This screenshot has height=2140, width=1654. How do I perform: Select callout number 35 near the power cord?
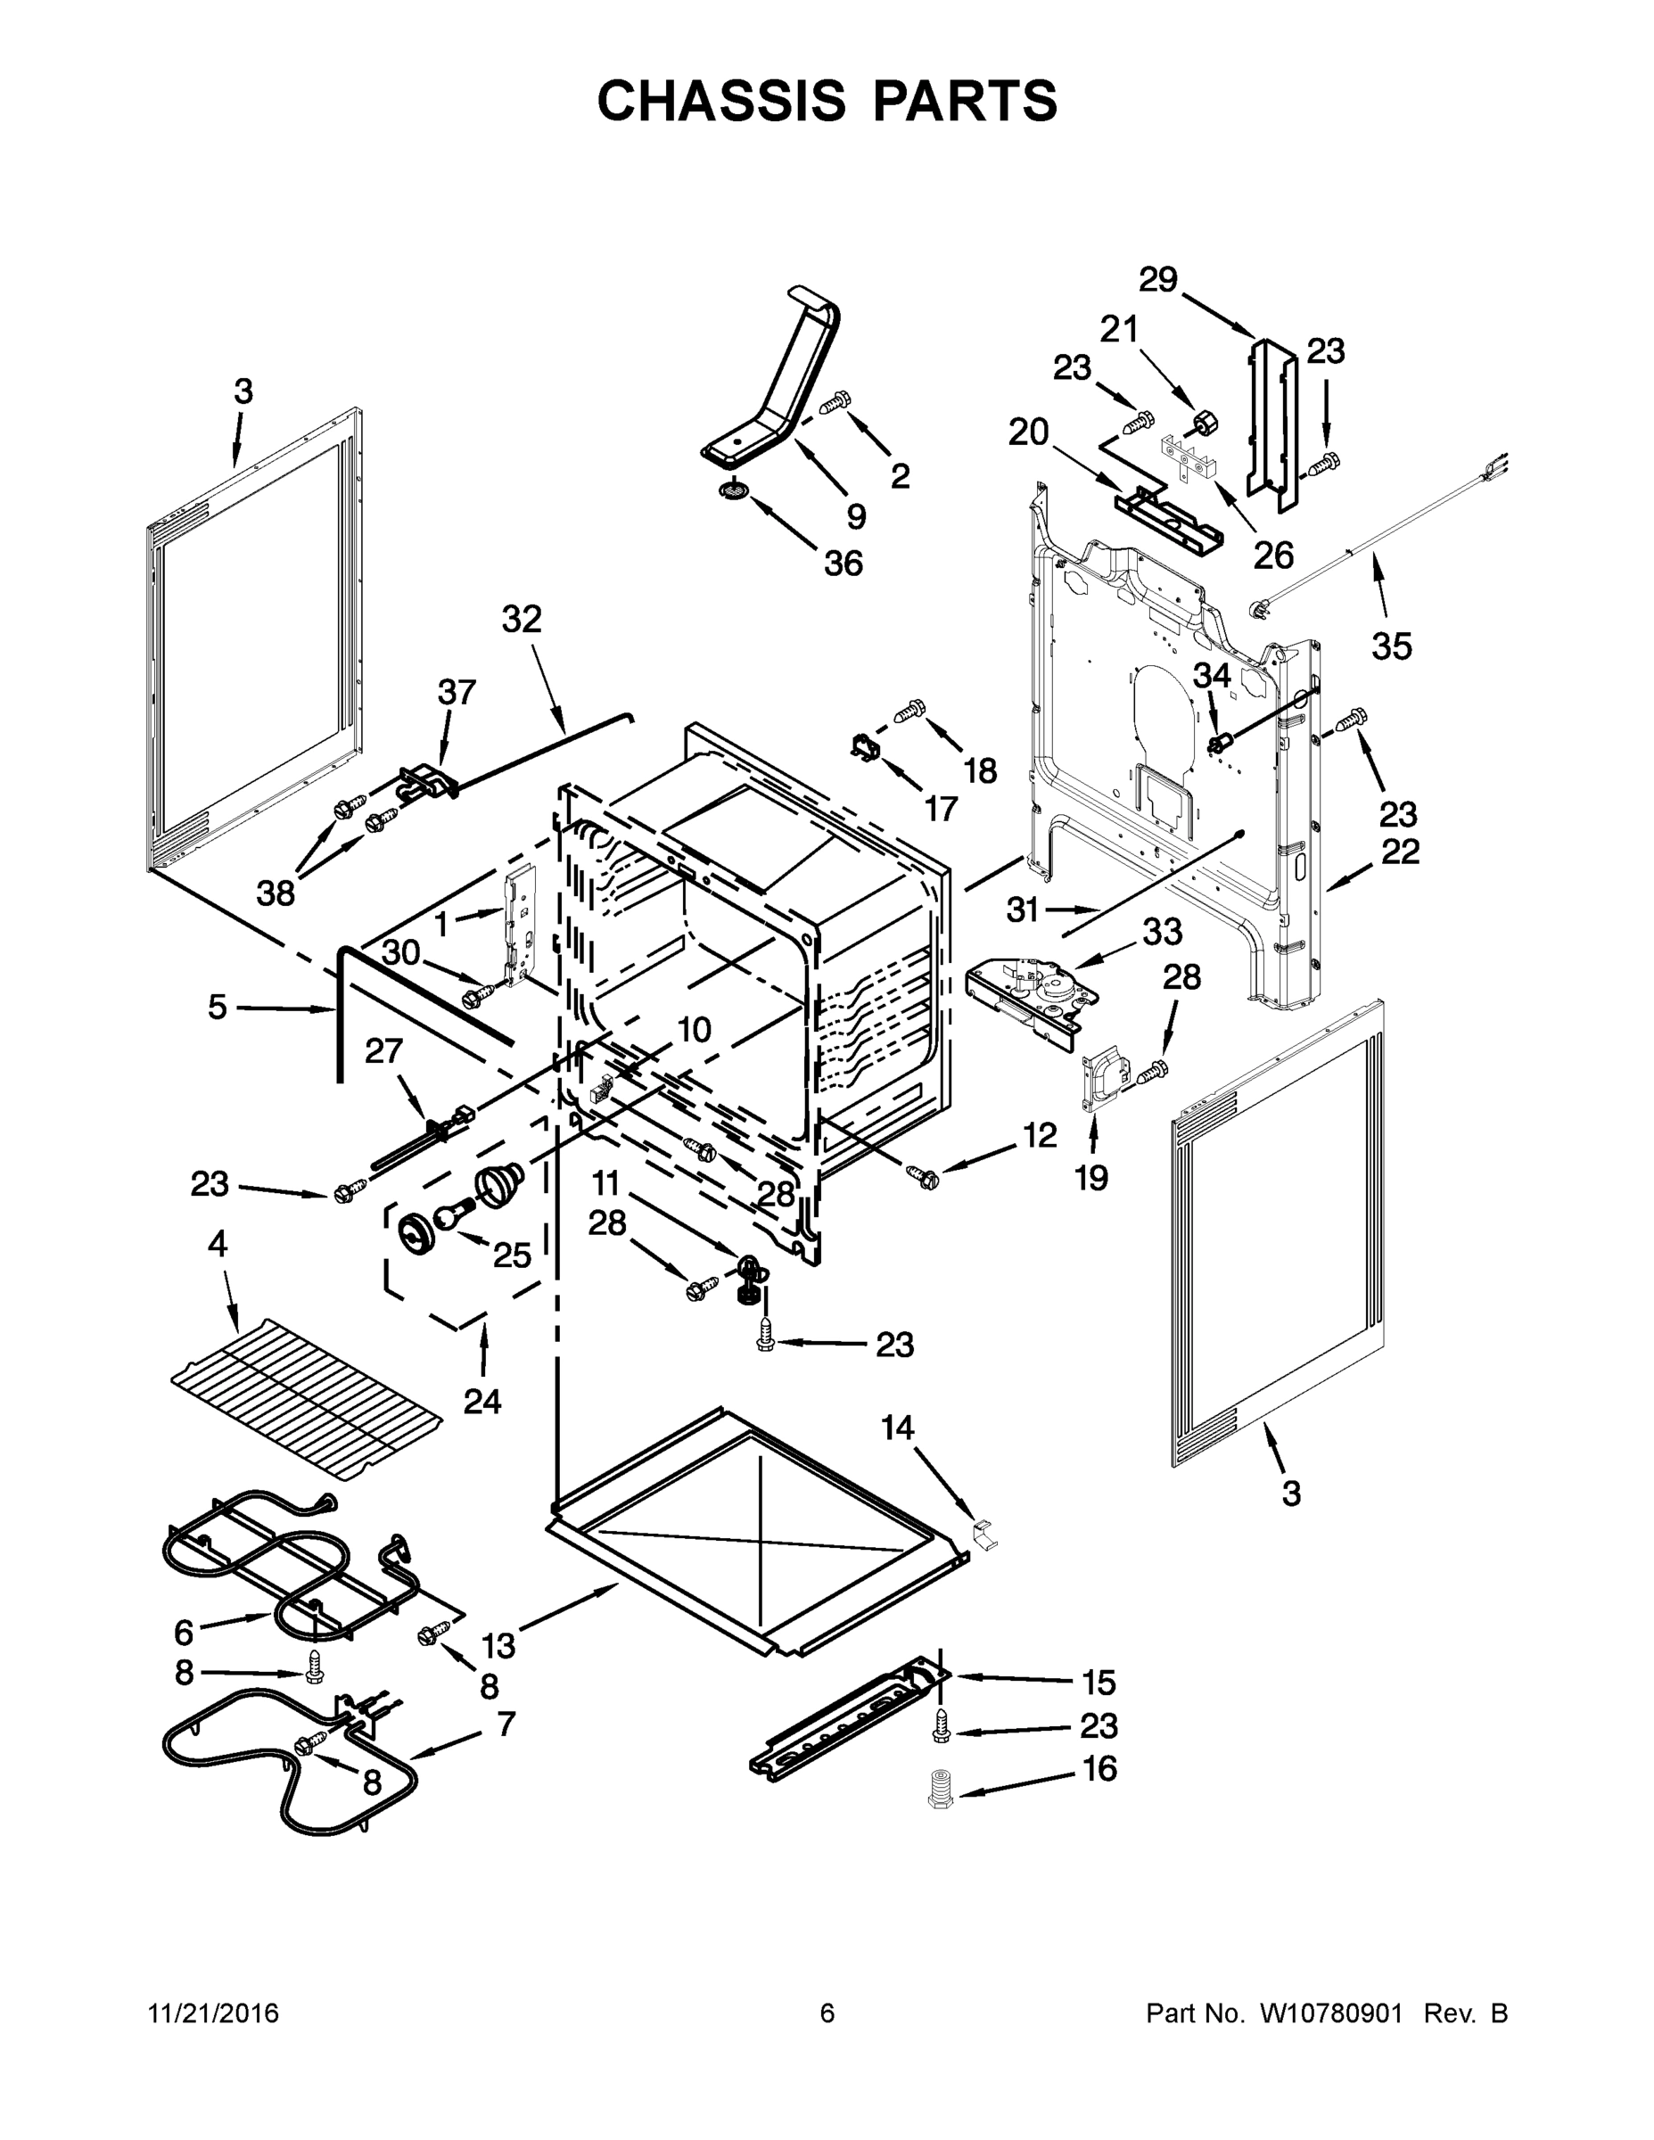[x=1391, y=646]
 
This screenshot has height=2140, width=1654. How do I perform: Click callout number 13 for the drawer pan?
[x=498, y=1645]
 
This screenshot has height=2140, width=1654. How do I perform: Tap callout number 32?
[x=522, y=620]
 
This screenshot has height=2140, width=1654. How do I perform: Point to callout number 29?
[x=1157, y=280]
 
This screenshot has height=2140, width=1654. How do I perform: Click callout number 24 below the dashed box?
[x=482, y=1401]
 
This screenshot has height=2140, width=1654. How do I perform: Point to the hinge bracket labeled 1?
[x=518, y=926]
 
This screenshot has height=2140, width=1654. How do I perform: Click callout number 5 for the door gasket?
[x=218, y=1007]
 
